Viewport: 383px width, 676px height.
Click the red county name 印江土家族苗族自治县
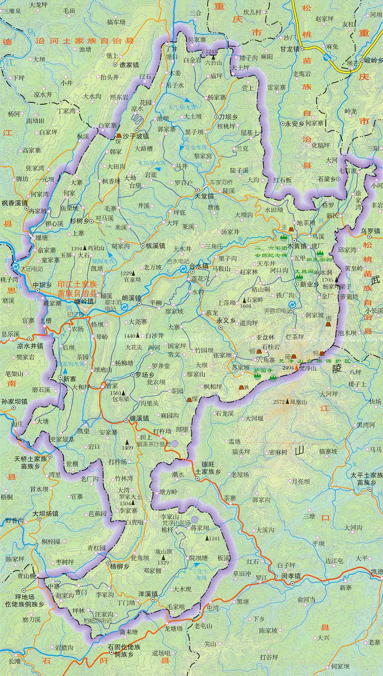[x=77, y=288]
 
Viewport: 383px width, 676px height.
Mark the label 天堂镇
[x=204, y=196]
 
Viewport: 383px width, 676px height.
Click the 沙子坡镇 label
[x=135, y=135]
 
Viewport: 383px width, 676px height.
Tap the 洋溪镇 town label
[x=148, y=593]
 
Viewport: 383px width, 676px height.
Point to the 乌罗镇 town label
[x=370, y=231]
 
